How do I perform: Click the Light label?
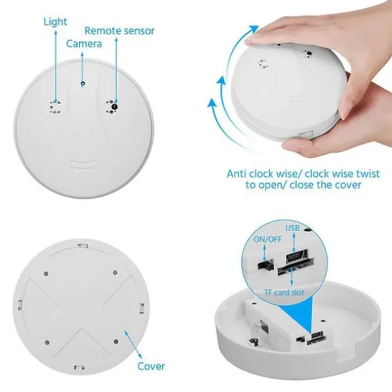coord(55,22)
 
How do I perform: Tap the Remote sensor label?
coord(120,30)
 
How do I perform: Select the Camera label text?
coord(84,44)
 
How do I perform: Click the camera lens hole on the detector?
coord(82,84)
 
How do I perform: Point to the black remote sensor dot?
coord(115,107)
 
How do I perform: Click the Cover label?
coord(151,366)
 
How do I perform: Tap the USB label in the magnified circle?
coord(293,228)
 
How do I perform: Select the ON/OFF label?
coord(268,239)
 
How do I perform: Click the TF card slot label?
coord(285,292)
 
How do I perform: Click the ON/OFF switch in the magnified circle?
coord(265,264)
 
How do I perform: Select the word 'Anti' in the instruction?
coord(237,174)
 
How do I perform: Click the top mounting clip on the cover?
coord(82,246)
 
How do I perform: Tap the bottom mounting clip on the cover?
coord(79,367)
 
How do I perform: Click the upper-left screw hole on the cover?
coord(46,274)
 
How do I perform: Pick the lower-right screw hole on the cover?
coord(116,341)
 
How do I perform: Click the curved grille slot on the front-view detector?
coord(82,163)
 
